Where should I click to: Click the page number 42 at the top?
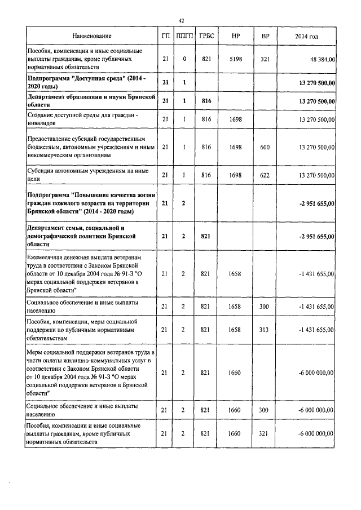(x=182, y=20)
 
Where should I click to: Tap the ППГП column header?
(x=184, y=37)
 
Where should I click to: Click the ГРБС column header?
(x=206, y=37)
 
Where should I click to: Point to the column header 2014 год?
(x=307, y=37)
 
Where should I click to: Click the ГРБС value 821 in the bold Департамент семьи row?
(x=206, y=236)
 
